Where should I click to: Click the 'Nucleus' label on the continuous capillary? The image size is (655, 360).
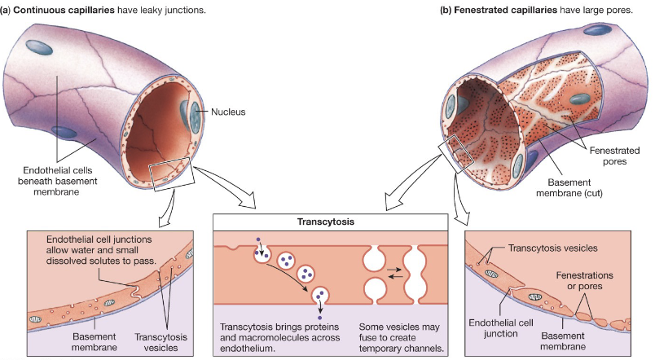(230, 112)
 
